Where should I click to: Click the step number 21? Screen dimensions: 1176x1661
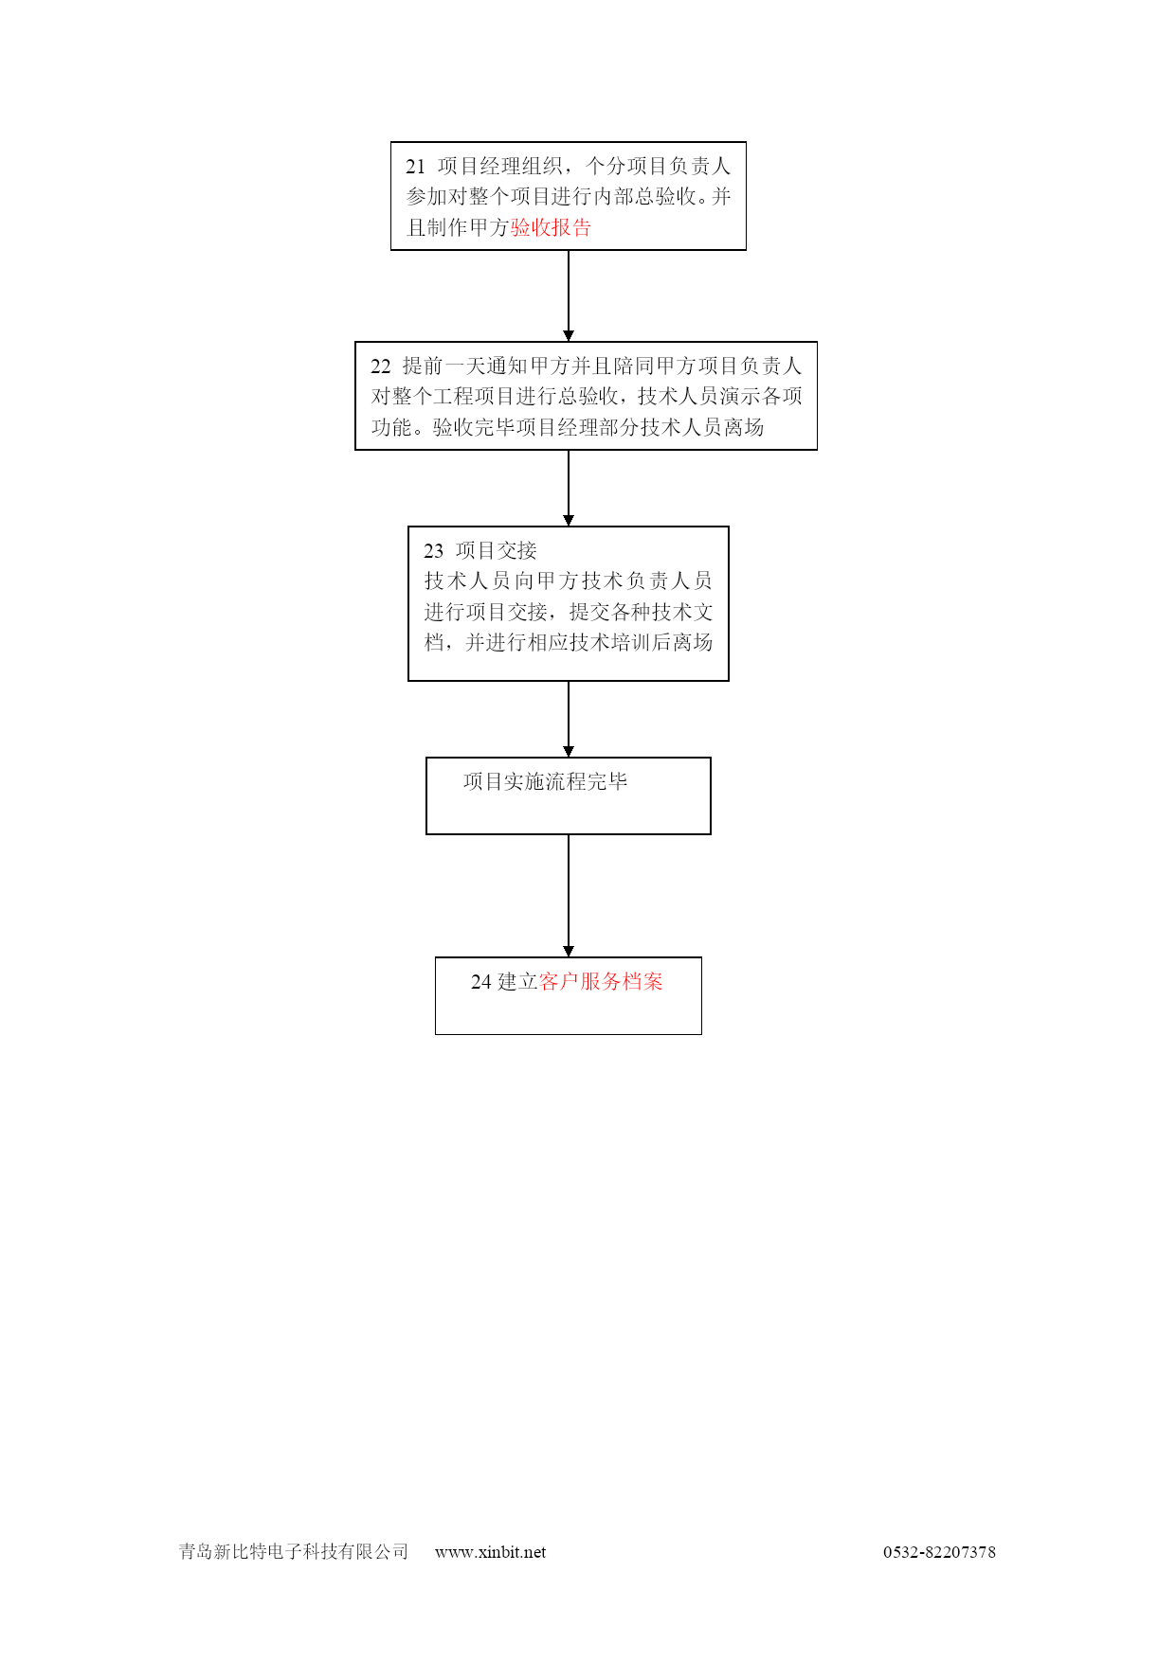tap(415, 167)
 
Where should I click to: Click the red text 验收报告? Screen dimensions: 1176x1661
tap(551, 227)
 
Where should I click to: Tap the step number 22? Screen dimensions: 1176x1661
tap(380, 366)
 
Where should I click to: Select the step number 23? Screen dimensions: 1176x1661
tap(433, 551)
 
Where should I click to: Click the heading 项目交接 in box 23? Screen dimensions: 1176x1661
tap(496, 550)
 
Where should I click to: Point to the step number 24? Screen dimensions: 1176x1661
tap(480, 982)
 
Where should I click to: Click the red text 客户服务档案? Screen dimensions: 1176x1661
tap(601, 982)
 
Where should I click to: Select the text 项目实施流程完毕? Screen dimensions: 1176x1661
tap(545, 781)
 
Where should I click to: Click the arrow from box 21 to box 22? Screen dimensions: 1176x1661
tap(569, 295)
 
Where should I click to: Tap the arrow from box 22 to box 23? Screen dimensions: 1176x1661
tap(569, 488)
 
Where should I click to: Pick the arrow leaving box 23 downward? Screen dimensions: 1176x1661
tap(569, 719)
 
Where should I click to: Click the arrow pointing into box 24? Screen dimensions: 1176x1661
tap(569, 896)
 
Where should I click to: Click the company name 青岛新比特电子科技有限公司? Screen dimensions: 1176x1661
tap(294, 1551)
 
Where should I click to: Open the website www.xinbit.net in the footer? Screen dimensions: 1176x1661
tap(490, 1552)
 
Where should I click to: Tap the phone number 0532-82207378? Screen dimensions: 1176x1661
tap(939, 1552)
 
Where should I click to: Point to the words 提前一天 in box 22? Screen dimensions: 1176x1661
tap(443, 366)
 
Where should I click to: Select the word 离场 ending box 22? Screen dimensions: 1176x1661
tap(744, 427)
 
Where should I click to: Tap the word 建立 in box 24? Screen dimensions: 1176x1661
tap(517, 982)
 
